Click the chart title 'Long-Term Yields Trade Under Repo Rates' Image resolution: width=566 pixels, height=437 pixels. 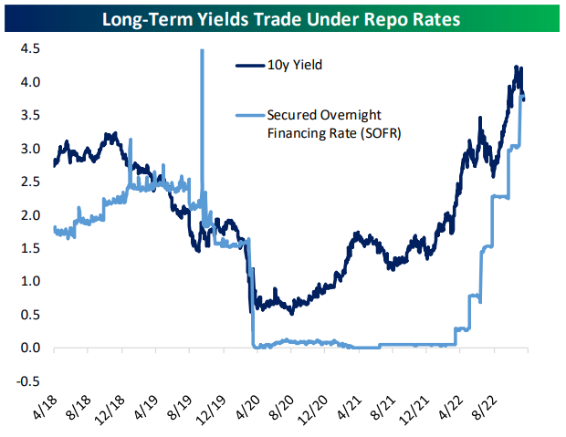[x=282, y=17]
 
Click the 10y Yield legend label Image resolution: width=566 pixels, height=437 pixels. [x=297, y=66]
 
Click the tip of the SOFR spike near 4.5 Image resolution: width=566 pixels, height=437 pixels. [x=202, y=51]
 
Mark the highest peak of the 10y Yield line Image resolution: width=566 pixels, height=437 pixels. [x=518, y=67]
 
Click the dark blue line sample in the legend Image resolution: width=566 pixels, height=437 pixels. [x=249, y=66]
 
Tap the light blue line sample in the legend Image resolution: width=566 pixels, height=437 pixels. [x=249, y=116]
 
